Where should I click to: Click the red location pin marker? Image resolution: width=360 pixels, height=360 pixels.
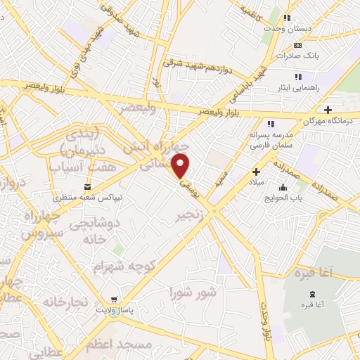click(x=181, y=166)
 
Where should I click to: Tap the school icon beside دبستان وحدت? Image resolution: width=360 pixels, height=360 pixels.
click(x=287, y=18)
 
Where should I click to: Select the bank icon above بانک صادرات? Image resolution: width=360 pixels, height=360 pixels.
click(x=297, y=46)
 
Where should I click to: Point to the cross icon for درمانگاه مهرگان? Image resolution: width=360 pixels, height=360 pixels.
click(x=328, y=109)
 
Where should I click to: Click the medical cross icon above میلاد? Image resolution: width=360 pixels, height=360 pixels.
click(x=256, y=171)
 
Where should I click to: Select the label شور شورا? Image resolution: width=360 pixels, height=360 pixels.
click(x=192, y=290)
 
